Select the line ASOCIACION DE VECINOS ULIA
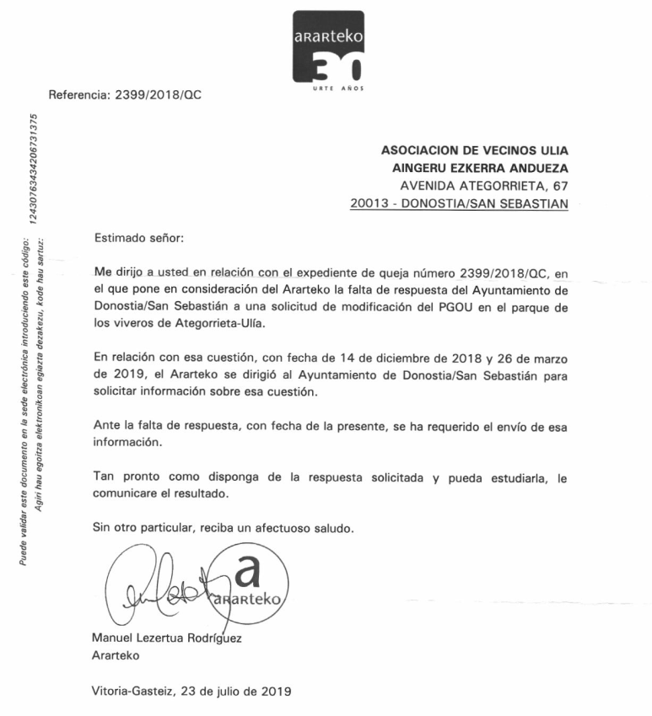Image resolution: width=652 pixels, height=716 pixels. click(x=475, y=150)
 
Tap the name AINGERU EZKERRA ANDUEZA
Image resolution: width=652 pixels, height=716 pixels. click(x=475, y=168)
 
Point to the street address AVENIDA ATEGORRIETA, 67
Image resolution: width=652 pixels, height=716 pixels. click(x=484, y=186)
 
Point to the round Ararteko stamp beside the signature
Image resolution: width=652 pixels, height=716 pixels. click(x=252, y=587)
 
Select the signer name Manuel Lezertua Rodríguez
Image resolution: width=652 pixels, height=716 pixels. click(x=166, y=638)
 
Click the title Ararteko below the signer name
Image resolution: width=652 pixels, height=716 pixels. click(x=116, y=655)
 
